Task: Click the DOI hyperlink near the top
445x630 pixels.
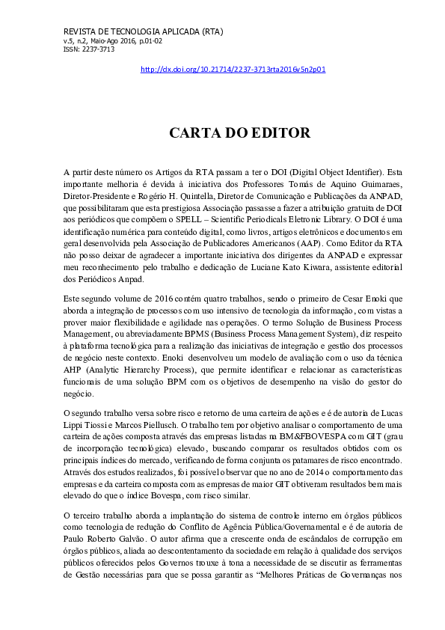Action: coord(233,70)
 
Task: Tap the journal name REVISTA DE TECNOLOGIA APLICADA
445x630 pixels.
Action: coord(124,31)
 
